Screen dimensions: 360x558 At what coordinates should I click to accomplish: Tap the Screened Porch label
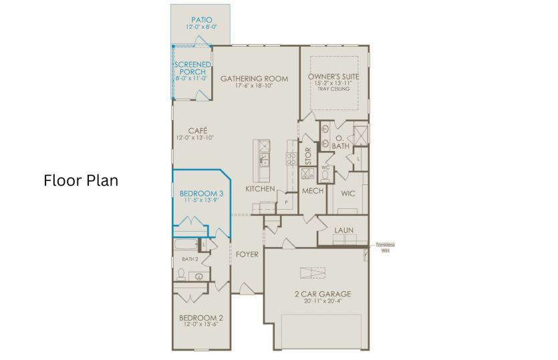click(192, 68)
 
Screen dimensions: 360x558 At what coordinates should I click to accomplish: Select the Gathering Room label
click(254, 78)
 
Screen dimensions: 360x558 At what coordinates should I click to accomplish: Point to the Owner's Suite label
click(333, 77)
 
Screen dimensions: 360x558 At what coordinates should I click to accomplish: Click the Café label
click(197, 130)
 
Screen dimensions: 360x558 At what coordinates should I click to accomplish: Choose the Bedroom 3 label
click(201, 194)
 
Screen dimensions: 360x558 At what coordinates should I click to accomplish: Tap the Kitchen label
click(260, 189)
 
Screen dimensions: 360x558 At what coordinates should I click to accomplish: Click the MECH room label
click(313, 191)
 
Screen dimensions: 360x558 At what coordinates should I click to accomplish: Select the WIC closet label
click(347, 194)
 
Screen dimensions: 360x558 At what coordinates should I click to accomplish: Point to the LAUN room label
click(344, 230)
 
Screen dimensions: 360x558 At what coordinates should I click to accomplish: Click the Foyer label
click(247, 254)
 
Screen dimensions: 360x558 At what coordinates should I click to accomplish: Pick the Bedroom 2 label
click(201, 317)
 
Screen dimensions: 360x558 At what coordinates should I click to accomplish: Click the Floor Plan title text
click(81, 180)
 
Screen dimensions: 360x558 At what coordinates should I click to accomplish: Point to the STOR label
click(309, 156)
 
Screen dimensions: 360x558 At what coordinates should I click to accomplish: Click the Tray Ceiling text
click(333, 89)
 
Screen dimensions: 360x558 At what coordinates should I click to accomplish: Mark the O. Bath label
click(341, 142)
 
